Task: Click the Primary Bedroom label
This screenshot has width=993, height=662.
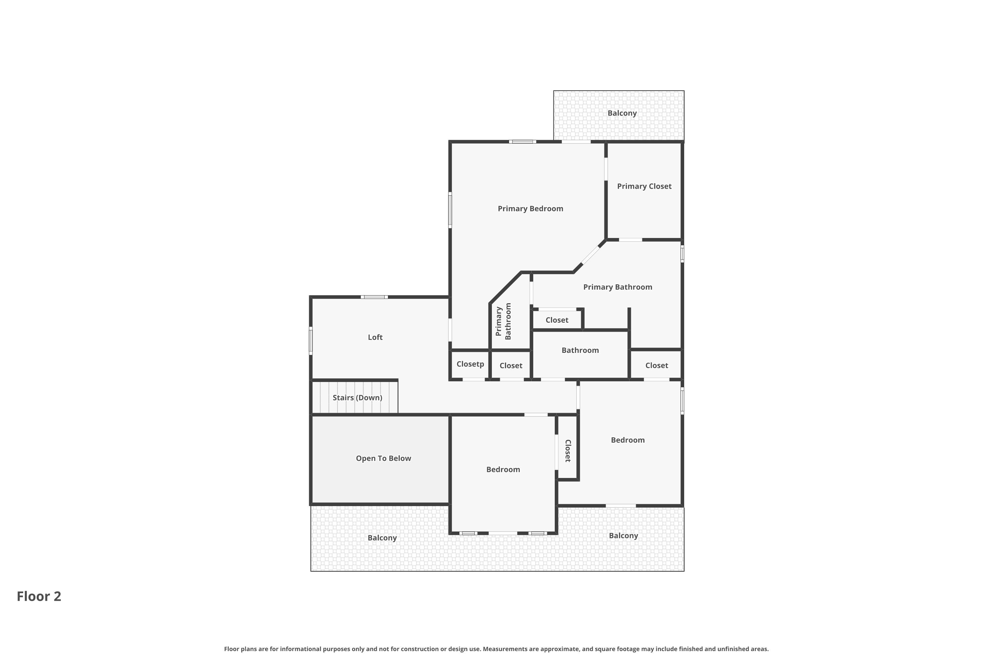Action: point(530,209)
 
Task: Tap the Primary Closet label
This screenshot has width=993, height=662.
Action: point(644,186)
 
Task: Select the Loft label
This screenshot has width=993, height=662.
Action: point(375,337)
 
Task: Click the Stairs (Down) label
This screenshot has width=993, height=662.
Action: point(357,398)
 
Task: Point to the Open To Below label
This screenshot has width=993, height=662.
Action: point(383,458)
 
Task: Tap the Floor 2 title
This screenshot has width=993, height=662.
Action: point(39,596)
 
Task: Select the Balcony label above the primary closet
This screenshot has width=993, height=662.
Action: point(622,113)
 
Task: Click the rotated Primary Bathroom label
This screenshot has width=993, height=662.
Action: point(503,321)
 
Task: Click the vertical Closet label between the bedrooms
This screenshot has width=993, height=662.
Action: point(568,451)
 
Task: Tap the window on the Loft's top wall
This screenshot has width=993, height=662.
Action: point(374,297)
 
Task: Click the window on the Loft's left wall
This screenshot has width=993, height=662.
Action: point(311,341)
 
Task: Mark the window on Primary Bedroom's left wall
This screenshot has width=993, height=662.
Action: point(450,210)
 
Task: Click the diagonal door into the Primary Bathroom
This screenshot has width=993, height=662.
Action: point(591,256)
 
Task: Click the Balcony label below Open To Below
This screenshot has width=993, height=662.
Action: point(382,538)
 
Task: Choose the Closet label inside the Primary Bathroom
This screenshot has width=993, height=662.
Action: point(557,320)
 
